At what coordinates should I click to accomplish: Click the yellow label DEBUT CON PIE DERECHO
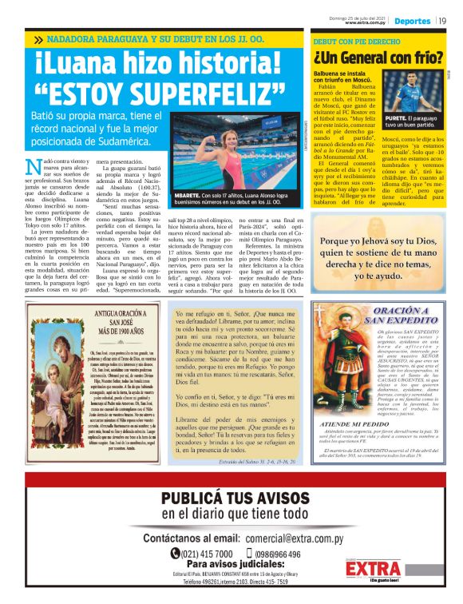355,40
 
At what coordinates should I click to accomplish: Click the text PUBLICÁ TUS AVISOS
231,499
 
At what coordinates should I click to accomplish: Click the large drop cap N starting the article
33,167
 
